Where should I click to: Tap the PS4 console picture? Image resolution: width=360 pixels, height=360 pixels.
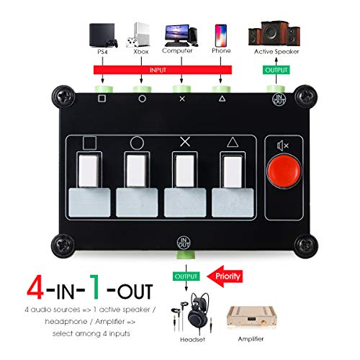101,36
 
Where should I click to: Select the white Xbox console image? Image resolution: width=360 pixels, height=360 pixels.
141,35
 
